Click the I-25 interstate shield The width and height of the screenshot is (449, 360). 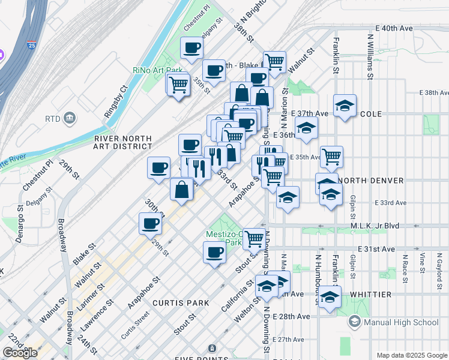click(x=31, y=44)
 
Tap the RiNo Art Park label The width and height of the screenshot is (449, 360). click(x=157, y=70)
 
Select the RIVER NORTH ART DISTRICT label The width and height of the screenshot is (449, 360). click(x=123, y=142)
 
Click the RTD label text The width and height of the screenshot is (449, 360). click(x=52, y=119)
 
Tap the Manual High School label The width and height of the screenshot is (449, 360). click(x=401, y=322)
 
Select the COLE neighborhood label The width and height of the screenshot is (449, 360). click(x=372, y=114)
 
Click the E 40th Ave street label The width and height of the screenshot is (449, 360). click(x=394, y=28)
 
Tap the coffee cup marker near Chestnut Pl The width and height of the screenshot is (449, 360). click(x=191, y=48)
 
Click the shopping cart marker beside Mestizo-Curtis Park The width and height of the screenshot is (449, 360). click(x=255, y=238)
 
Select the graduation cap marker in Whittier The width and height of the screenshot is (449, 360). click(x=329, y=297)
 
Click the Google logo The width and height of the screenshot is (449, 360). click(x=20, y=353)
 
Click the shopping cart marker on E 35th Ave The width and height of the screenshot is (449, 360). click(x=331, y=157)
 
